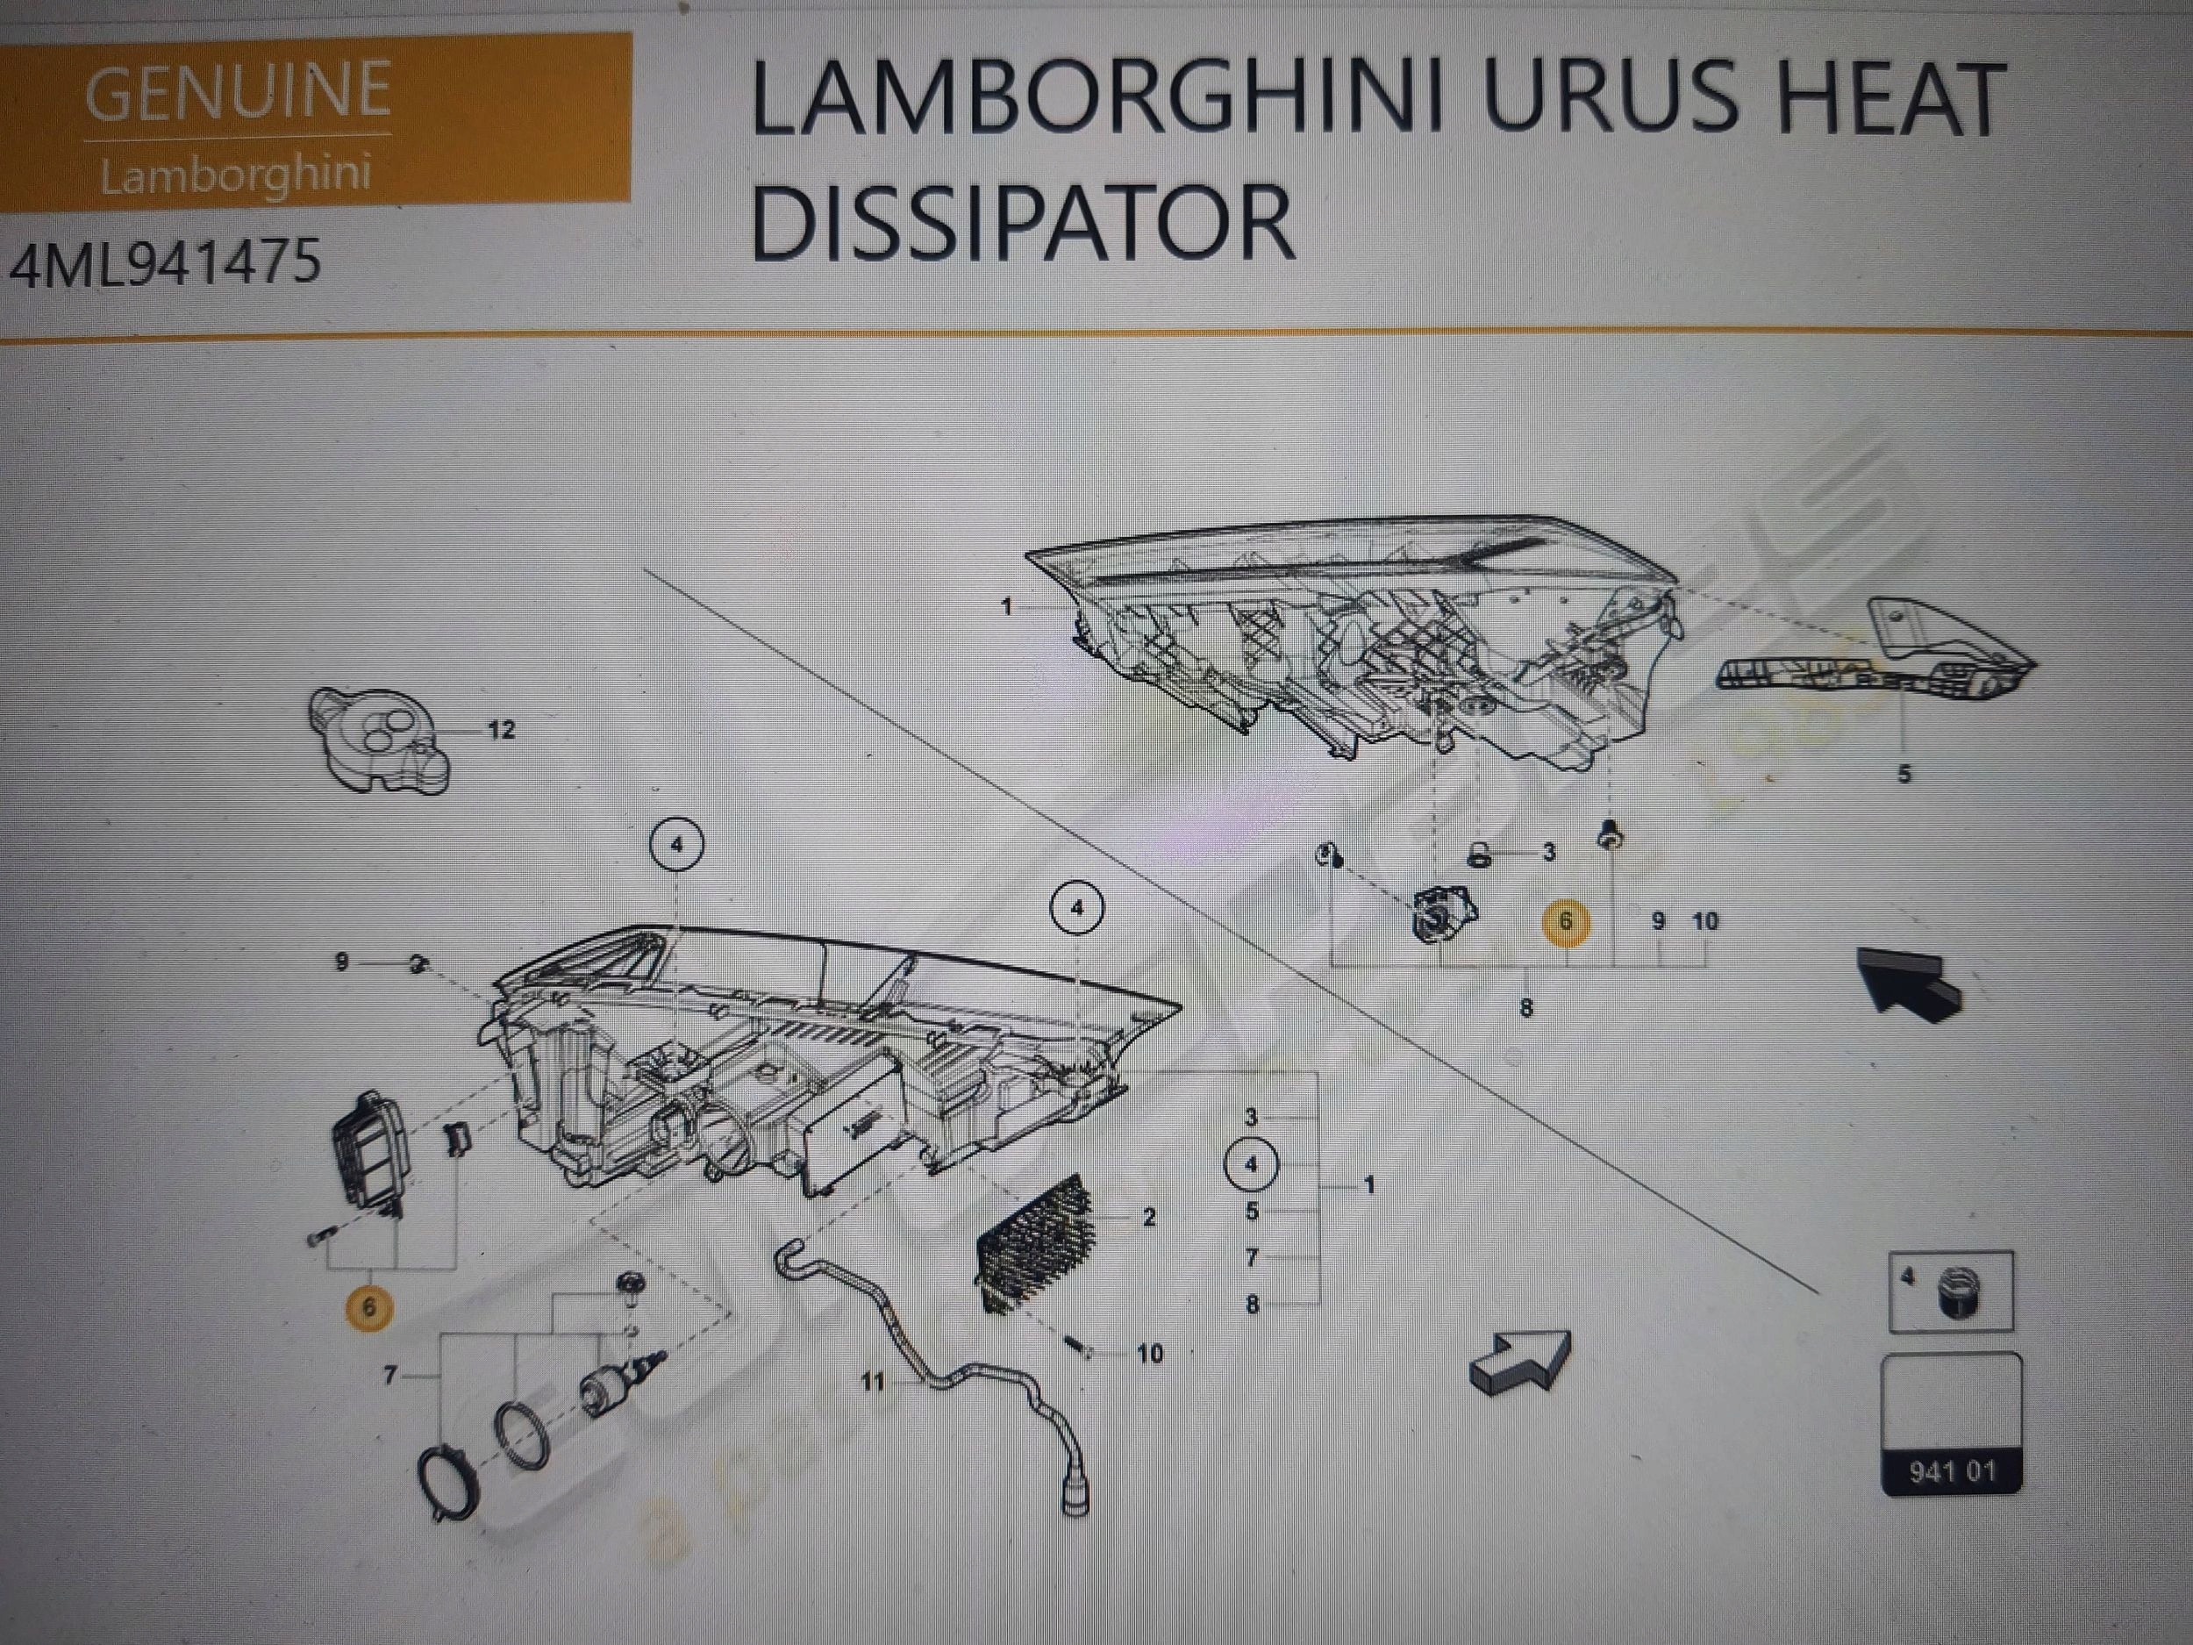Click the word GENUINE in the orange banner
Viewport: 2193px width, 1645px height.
coord(238,89)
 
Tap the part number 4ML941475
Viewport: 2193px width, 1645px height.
coord(167,263)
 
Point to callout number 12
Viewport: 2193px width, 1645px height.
coord(502,730)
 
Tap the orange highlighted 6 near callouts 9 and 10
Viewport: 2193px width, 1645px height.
coord(1566,921)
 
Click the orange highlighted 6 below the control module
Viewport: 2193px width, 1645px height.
coord(368,1307)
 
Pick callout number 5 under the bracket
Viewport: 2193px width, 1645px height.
coord(1904,774)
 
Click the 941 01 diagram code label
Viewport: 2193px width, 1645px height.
coord(1951,1470)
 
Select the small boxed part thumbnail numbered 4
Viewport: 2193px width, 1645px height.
coord(1950,1291)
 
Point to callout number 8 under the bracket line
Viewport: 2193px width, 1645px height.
coord(1525,1008)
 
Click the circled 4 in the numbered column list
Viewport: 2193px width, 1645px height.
coord(1251,1164)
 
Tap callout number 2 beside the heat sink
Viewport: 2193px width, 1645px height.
coord(1149,1217)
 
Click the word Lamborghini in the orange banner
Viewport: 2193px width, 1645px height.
coord(236,175)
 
